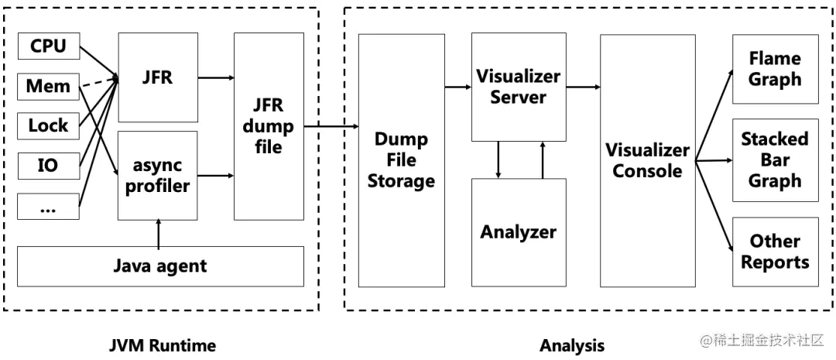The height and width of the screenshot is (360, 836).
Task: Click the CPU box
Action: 48,46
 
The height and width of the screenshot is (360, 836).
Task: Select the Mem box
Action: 48,86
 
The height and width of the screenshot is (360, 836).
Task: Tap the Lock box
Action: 48,125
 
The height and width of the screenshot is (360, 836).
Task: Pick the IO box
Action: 48,165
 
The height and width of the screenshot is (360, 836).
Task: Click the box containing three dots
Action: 48,206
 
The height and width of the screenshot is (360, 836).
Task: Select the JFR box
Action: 157,78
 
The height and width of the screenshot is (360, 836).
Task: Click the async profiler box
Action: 157,175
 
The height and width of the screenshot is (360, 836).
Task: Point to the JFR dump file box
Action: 269,125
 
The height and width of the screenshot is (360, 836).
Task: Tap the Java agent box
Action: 160,266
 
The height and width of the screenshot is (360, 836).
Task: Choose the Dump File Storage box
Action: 401,160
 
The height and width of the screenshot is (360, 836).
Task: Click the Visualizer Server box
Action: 518,87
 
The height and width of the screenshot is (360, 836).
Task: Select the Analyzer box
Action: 518,232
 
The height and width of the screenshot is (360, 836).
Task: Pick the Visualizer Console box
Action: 647,160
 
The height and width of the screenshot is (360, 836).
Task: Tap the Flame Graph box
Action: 775,69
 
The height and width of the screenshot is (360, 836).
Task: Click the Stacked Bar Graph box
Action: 775,160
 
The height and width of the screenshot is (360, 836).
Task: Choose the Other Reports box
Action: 775,252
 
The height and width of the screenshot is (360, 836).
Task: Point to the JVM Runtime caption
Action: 162,345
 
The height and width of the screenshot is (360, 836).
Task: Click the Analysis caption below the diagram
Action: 572,345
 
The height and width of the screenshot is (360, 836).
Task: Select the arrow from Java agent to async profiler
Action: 158,235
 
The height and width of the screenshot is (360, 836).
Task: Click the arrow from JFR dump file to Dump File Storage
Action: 331,125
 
